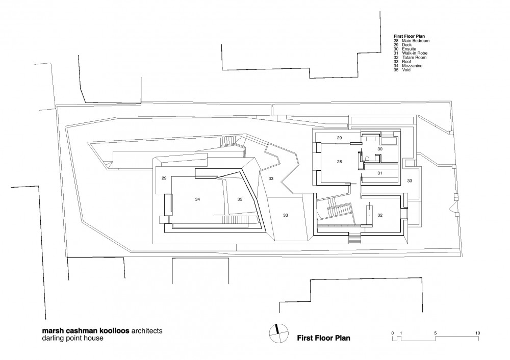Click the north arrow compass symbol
[279, 333]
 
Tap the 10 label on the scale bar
[477, 333]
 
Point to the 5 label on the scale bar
[435, 333]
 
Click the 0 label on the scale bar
[393, 333]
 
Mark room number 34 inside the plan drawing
[197, 199]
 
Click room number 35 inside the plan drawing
[240, 199]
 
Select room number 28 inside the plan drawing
[339, 162]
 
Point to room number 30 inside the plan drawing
[380, 149]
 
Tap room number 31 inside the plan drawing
[380, 173]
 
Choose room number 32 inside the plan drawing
[380, 215]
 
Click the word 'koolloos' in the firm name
[111, 331]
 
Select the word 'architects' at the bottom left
[146, 331]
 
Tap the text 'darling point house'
[72, 338]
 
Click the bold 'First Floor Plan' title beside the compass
[324, 338]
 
